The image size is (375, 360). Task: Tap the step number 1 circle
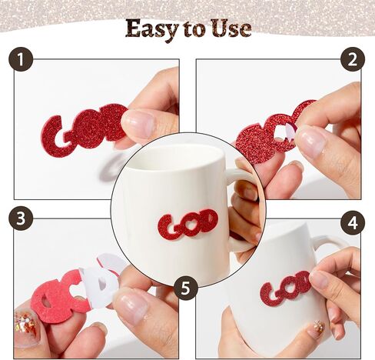tap(21, 59)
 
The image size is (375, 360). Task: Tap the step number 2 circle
tap(353, 59)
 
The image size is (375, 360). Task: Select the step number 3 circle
tap(21, 218)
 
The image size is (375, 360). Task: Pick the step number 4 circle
tap(353, 222)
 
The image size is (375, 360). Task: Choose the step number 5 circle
tap(186, 288)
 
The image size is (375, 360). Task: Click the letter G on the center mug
tap(168, 227)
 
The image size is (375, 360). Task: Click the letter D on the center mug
tap(208, 220)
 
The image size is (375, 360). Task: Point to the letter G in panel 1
tap(55, 136)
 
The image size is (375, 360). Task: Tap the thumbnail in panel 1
tap(138, 122)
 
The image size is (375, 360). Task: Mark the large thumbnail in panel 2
tap(310, 142)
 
